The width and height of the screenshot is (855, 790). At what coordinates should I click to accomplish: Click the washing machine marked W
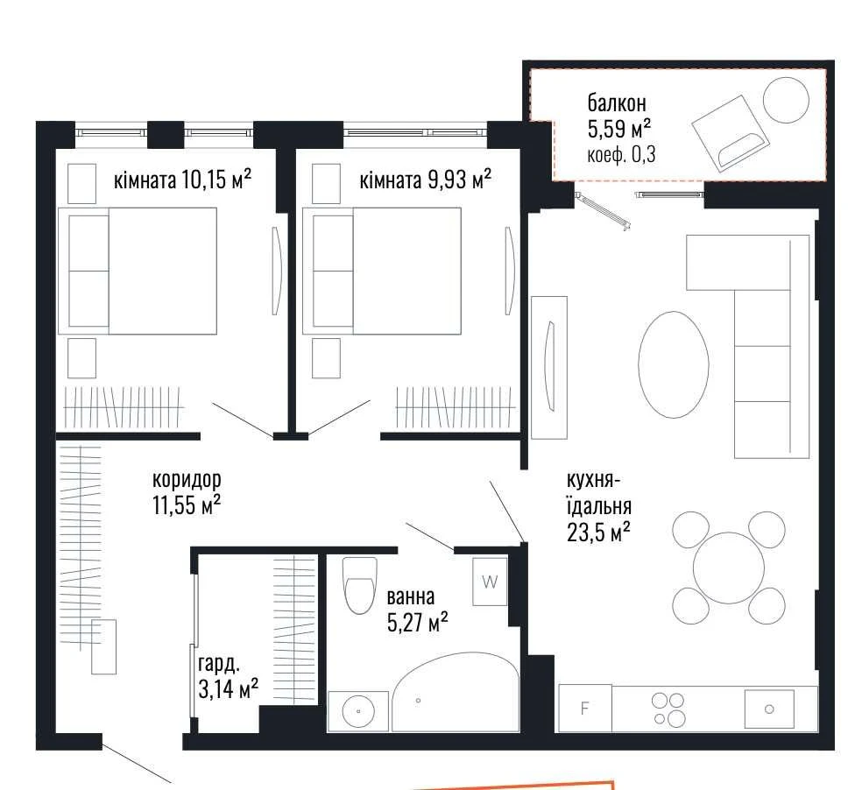[x=490, y=582]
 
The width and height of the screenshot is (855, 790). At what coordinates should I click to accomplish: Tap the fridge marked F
[x=584, y=708]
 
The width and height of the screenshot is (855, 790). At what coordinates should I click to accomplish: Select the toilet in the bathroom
[x=360, y=585]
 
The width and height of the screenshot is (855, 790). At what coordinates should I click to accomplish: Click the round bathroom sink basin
[x=358, y=711]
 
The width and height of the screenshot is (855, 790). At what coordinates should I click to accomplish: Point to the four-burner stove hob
[x=668, y=709]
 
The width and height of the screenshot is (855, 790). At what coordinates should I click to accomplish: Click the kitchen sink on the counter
[x=769, y=709]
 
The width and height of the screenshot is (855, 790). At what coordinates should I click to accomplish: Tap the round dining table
[x=729, y=568]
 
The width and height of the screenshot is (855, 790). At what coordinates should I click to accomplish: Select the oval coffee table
[x=674, y=364]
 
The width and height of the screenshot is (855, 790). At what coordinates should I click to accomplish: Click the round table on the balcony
[x=786, y=100]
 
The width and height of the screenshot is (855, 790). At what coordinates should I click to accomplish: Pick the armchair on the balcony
[x=731, y=134]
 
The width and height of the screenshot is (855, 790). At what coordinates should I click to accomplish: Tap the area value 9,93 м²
[x=460, y=179]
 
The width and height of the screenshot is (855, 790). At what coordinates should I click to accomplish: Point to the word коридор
[x=187, y=480]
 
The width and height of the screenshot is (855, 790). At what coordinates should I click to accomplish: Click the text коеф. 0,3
[x=621, y=155]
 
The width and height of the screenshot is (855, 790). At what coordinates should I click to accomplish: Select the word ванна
[x=411, y=597]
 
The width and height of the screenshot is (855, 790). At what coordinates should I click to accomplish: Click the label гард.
[x=219, y=664]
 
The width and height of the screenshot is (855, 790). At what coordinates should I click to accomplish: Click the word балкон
[x=617, y=102]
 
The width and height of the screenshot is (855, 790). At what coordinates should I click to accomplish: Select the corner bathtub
[x=456, y=691]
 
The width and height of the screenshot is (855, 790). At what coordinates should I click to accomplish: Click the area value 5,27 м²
[x=418, y=622]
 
